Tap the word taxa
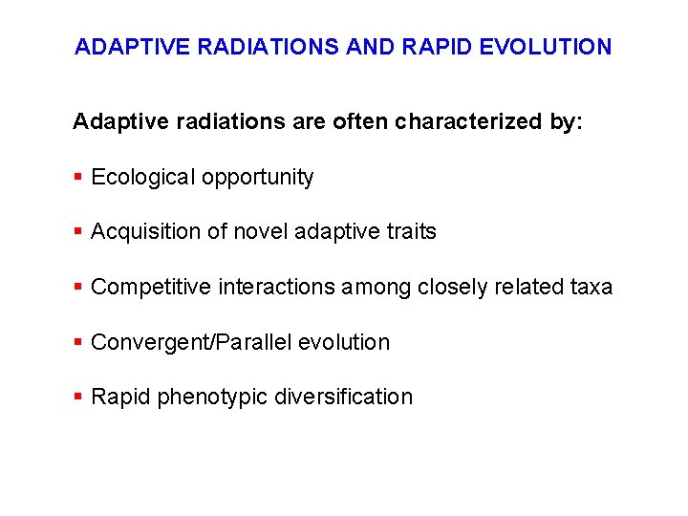tap(590, 288)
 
